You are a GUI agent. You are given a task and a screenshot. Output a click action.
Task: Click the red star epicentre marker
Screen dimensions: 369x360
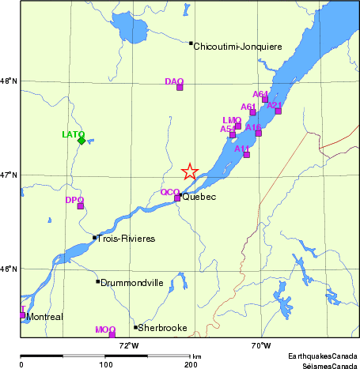pos(190,171)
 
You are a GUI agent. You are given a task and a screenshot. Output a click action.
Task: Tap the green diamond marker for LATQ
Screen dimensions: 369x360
pos(81,141)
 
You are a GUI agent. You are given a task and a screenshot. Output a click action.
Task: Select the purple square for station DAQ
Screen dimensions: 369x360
pos(180,87)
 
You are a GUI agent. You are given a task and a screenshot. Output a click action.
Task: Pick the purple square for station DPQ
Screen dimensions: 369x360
pos(81,206)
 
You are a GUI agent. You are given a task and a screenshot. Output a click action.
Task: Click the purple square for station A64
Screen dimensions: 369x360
pos(265,100)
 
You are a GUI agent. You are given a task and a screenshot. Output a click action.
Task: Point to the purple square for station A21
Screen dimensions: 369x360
pos(278,111)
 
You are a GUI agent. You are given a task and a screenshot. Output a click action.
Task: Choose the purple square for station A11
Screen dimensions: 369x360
pos(246,154)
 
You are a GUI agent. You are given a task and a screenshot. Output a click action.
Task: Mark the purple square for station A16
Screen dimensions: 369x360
pos(258,133)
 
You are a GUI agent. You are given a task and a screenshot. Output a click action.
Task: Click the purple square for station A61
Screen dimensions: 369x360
pos(253,112)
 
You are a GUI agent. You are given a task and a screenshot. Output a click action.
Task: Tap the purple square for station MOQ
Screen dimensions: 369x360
pos(112,334)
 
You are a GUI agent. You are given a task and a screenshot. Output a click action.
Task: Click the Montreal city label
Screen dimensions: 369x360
pos(44,317)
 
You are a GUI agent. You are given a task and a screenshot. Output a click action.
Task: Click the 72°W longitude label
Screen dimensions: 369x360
pos(128,345)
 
